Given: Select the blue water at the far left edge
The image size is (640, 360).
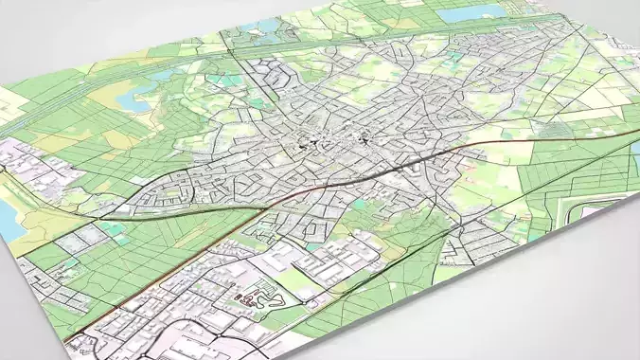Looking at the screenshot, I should coord(8,212).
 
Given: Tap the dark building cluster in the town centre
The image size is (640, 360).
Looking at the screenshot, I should coord(306,144).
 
